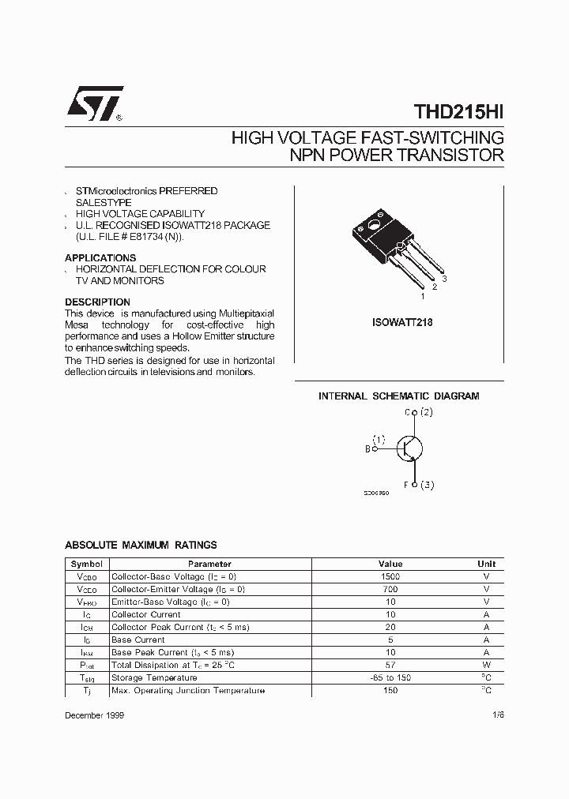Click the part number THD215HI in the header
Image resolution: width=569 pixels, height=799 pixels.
tap(458, 113)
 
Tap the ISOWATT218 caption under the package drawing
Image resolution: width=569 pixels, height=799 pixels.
tap(401, 323)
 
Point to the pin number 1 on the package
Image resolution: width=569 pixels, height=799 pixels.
tap(422, 296)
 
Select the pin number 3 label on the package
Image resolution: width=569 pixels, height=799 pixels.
tap(445, 279)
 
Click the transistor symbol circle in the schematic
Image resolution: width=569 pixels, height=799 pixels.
tap(409, 448)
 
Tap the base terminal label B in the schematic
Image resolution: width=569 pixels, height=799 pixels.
tap(367, 449)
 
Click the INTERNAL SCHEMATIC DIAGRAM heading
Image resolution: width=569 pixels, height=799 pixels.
tap(398, 396)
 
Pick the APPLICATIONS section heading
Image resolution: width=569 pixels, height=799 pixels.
tap(100, 258)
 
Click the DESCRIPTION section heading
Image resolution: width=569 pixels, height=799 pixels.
tap(97, 302)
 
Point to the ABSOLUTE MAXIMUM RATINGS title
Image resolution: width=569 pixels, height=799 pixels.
tap(141, 546)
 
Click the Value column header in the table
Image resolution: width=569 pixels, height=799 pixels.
tap(390, 564)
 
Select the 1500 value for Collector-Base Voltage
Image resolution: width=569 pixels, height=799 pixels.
tap(390, 576)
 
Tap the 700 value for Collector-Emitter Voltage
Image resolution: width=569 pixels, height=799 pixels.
tap(390, 589)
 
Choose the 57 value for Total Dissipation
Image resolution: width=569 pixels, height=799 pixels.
tap(390, 665)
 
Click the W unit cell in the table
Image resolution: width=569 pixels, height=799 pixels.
tap(486, 665)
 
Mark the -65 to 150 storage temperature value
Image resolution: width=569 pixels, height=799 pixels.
tap(390, 677)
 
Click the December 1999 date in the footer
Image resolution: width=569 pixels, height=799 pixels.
tap(94, 715)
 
